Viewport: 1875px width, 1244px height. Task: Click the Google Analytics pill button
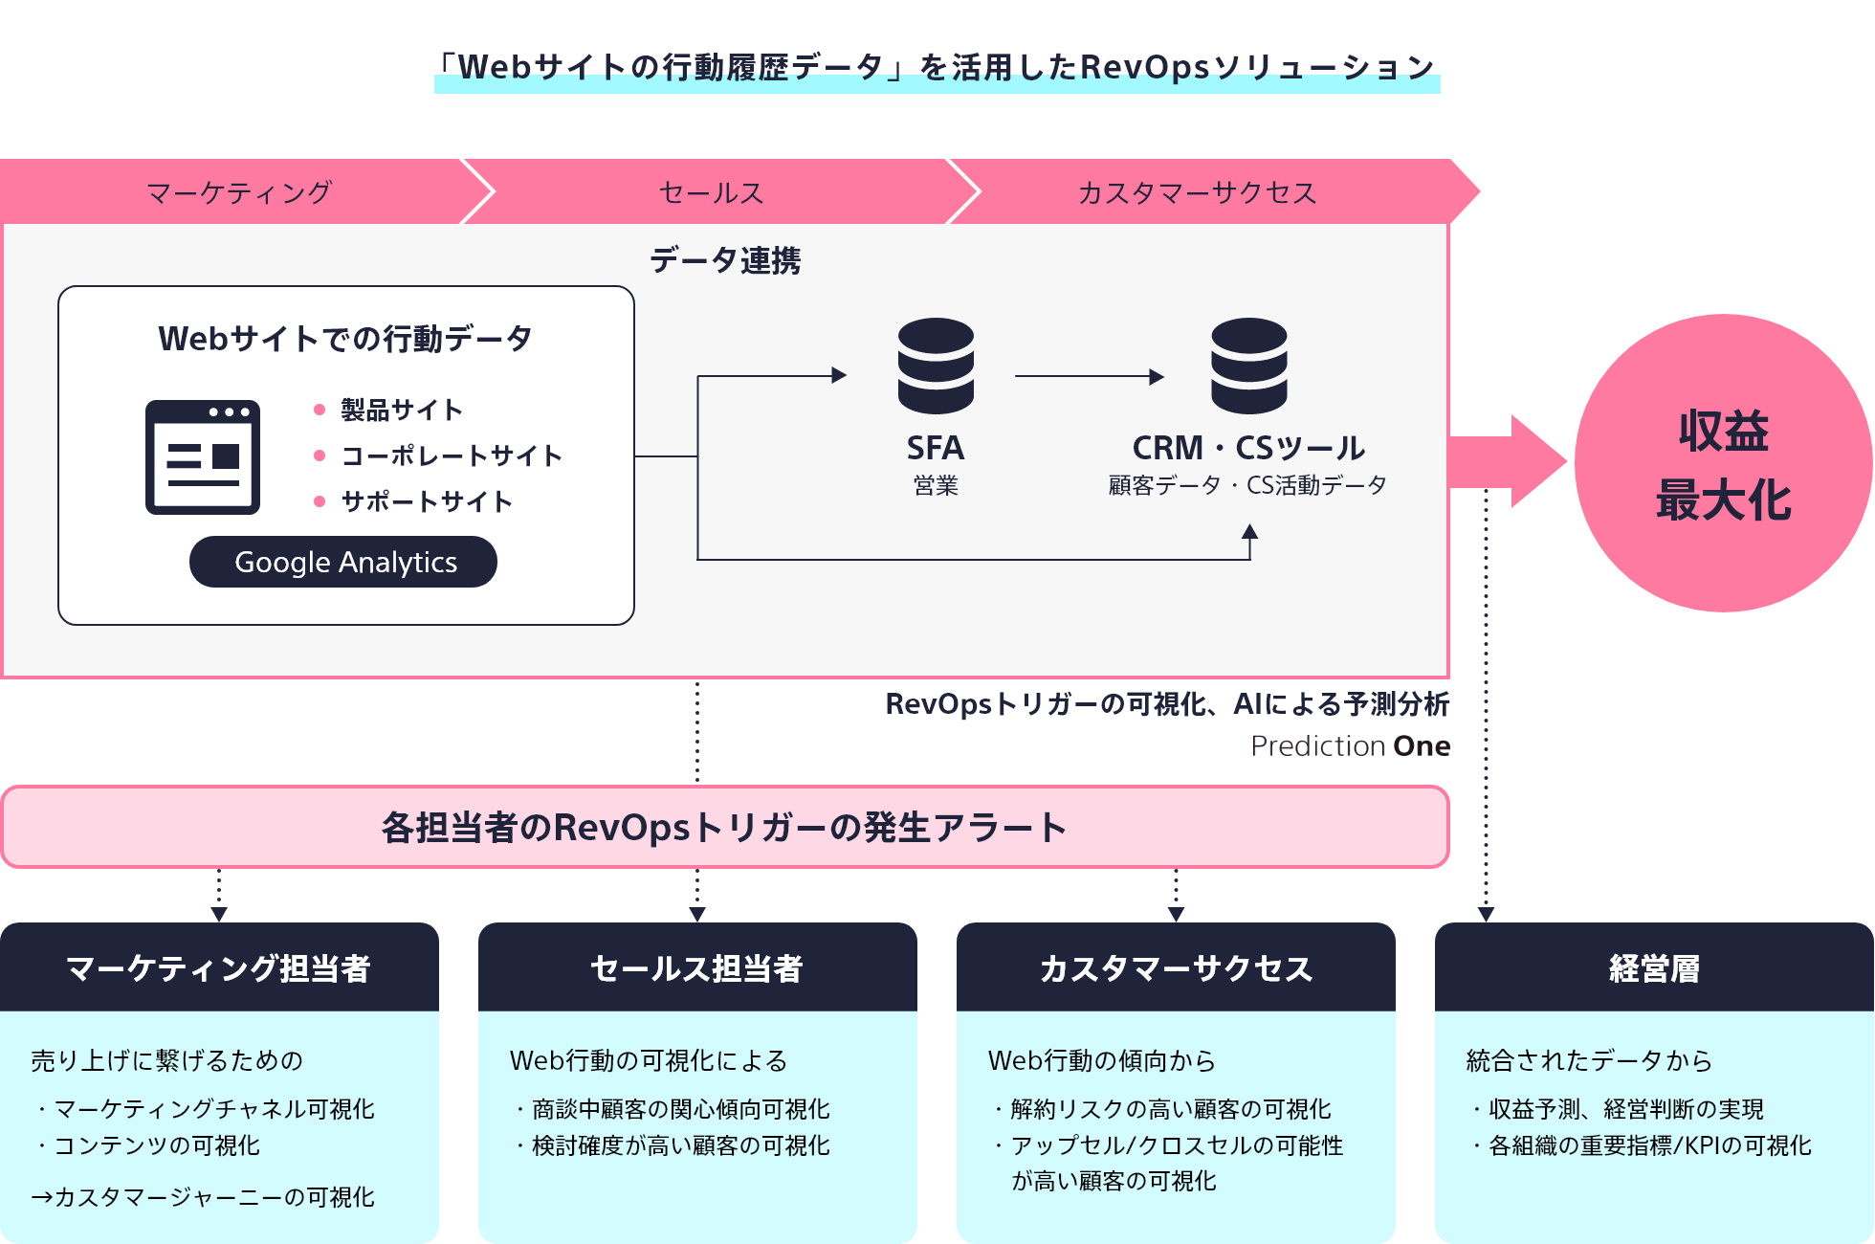[343, 562]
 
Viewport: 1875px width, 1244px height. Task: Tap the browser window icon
[203, 456]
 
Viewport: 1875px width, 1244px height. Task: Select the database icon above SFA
[936, 366]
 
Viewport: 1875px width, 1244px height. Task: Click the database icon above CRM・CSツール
[1248, 366]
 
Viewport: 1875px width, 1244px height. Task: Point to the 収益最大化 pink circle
[1723, 463]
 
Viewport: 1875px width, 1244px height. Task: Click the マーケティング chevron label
[239, 192]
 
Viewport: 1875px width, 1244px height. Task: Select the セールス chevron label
[711, 192]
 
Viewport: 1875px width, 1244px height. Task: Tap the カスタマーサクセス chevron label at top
[1197, 192]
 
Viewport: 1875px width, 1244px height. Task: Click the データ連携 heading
[725, 260]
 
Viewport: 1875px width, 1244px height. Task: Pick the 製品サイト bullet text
[402, 411]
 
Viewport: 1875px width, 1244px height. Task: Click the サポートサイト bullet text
[427, 501]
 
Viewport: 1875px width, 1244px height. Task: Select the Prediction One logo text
[1350, 745]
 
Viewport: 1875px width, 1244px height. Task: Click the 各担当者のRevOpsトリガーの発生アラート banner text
[724, 828]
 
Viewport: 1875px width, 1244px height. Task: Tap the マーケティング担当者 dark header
[219, 968]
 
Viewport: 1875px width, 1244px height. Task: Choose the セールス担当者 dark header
[697, 968]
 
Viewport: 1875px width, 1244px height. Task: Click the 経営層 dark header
[1654, 968]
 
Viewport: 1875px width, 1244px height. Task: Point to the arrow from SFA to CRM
[1089, 377]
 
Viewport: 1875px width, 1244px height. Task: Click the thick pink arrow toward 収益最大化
[1507, 462]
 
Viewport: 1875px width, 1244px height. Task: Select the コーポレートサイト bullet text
[452, 455]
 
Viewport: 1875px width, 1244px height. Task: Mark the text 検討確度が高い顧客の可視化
[680, 1145]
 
